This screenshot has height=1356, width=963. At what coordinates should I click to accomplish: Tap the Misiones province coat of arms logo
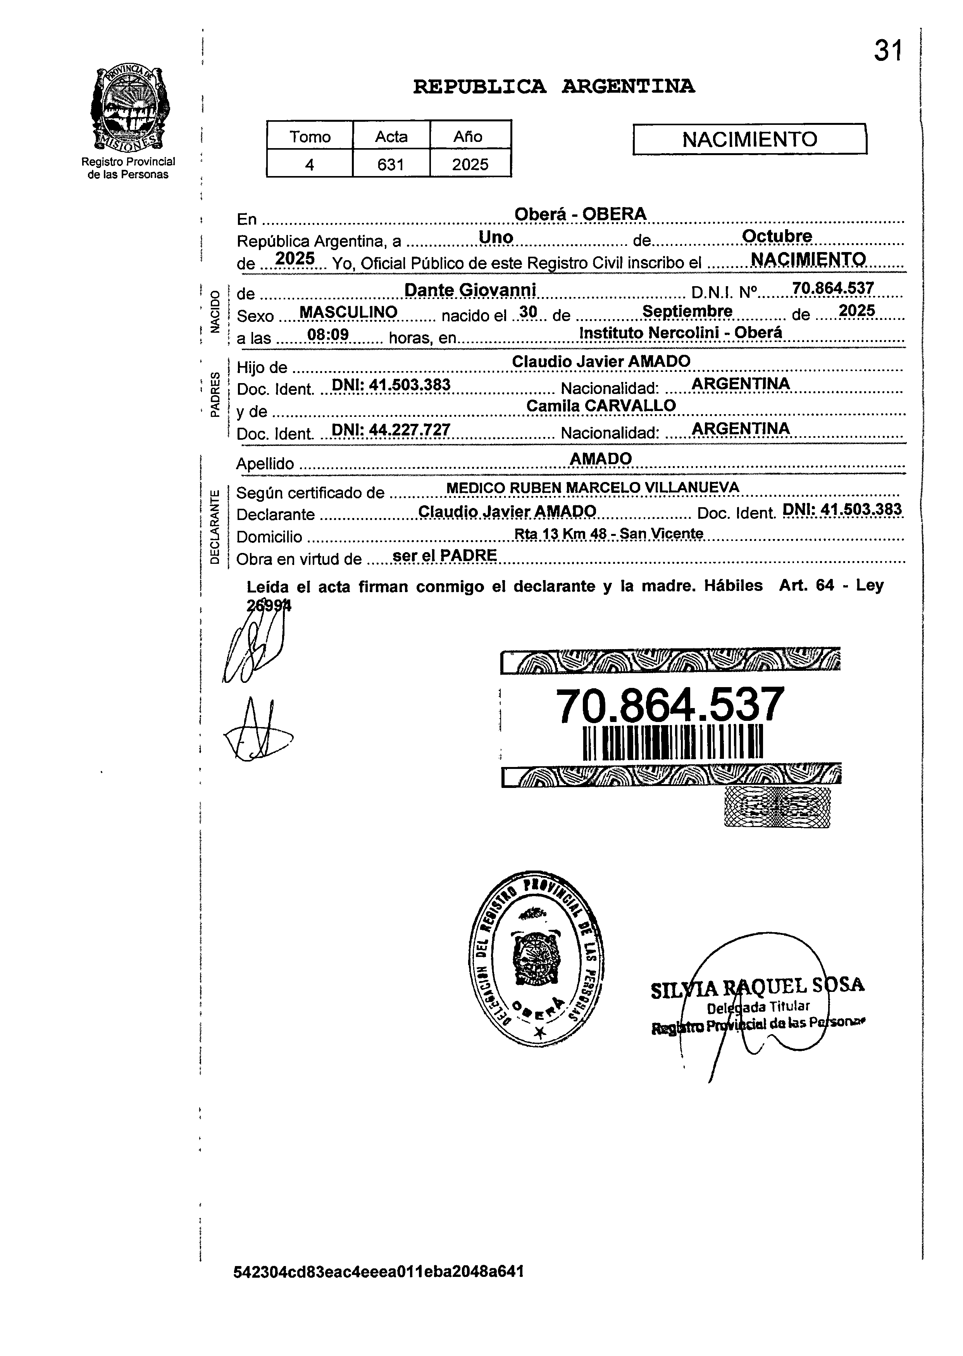129,110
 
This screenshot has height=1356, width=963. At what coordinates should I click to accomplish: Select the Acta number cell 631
391,164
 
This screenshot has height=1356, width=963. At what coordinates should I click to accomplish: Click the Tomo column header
310,137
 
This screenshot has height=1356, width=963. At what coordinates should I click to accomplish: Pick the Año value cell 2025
470,164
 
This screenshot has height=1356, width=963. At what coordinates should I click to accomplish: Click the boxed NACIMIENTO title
749,139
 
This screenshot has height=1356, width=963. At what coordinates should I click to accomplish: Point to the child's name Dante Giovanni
470,290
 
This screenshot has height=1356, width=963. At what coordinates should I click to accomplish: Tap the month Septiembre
687,311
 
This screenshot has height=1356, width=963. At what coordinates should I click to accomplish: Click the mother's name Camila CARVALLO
601,406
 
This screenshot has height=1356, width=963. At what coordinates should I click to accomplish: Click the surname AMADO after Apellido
600,458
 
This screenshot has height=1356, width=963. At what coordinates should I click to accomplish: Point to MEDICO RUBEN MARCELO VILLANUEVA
593,487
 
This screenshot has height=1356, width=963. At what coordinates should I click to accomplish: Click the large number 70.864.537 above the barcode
670,706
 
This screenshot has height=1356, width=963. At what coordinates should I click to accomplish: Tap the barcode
672,743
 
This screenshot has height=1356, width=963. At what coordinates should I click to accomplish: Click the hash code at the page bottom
378,1272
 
